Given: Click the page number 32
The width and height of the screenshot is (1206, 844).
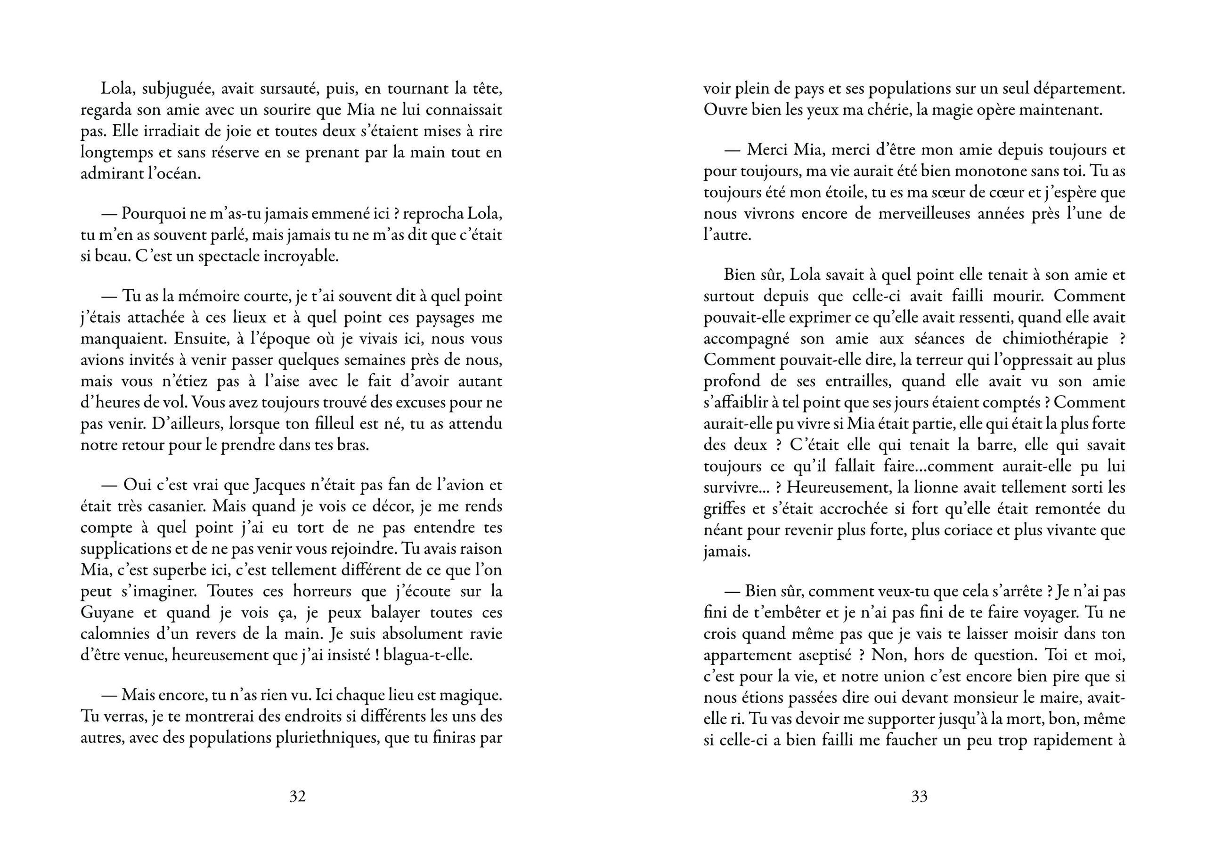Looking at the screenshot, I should point(297,797).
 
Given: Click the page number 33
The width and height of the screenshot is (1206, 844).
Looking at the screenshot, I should point(919,797).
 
